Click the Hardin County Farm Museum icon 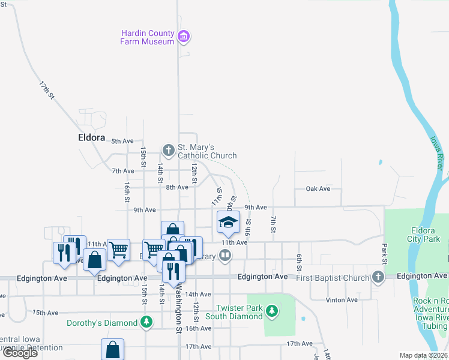(x=184, y=37)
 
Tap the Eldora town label (x=92, y=137)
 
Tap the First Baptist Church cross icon (x=378, y=277)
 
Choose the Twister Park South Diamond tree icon (x=273, y=310)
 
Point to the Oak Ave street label (x=318, y=188)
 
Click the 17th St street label (x=47, y=89)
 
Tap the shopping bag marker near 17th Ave (x=112, y=350)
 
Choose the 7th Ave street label (x=122, y=170)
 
